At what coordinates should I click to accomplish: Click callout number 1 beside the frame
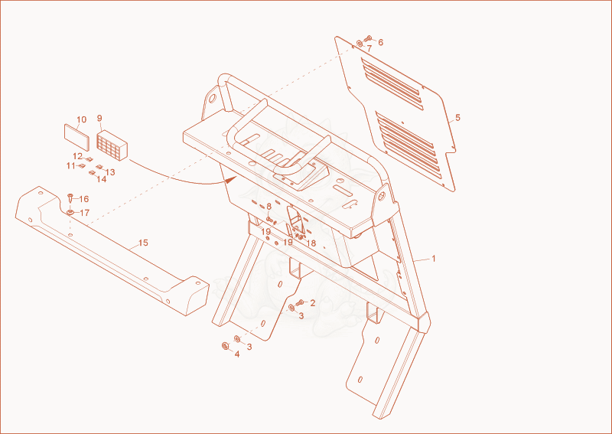(433, 259)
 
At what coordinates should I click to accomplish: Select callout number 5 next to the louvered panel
(457, 118)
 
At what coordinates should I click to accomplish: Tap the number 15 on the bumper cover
(143, 243)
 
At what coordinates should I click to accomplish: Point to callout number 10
(81, 119)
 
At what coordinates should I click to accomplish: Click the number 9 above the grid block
(99, 118)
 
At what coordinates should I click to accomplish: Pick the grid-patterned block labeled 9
(112, 145)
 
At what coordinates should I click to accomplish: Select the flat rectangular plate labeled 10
(77, 138)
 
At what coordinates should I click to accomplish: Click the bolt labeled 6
(368, 38)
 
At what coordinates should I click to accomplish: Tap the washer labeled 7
(360, 44)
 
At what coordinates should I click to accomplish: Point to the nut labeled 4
(225, 346)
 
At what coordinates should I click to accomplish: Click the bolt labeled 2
(300, 302)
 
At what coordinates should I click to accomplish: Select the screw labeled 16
(70, 197)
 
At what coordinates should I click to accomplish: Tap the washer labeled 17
(70, 212)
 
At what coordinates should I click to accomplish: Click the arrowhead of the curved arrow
(232, 180)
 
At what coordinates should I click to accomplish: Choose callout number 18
(311, 243)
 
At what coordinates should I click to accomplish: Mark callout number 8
(269, 207)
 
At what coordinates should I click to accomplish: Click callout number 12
(78, 156)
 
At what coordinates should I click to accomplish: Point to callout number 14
(102, 179)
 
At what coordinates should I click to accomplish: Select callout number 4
(237, 354)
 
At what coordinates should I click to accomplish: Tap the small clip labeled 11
(82, 165)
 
